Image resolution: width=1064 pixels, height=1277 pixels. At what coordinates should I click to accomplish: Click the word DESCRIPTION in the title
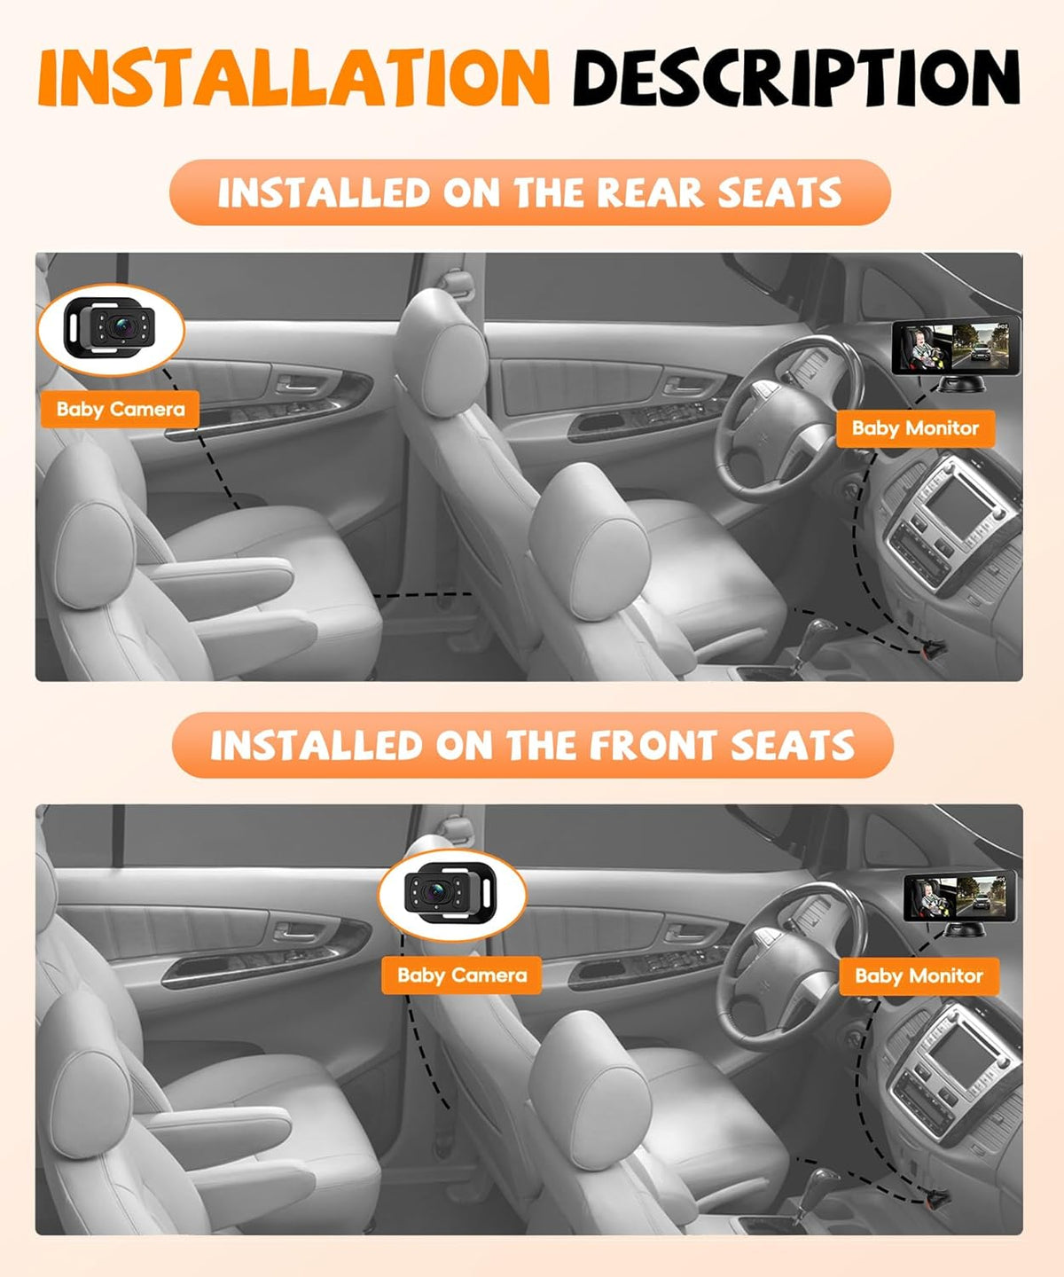pos(797,78)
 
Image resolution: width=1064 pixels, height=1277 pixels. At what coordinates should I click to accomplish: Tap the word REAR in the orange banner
pos(651,193)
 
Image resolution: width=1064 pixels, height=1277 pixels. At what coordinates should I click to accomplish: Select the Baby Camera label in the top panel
pos(121,409)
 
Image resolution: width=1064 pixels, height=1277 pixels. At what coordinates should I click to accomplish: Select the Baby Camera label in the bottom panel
pos(462,975)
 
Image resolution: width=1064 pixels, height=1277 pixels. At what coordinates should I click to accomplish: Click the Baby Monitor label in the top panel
pos(915,428)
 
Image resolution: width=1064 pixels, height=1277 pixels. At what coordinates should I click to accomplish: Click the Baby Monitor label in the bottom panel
pos(919,975)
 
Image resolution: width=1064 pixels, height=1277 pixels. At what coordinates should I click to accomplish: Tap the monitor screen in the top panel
pos(954,346)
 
